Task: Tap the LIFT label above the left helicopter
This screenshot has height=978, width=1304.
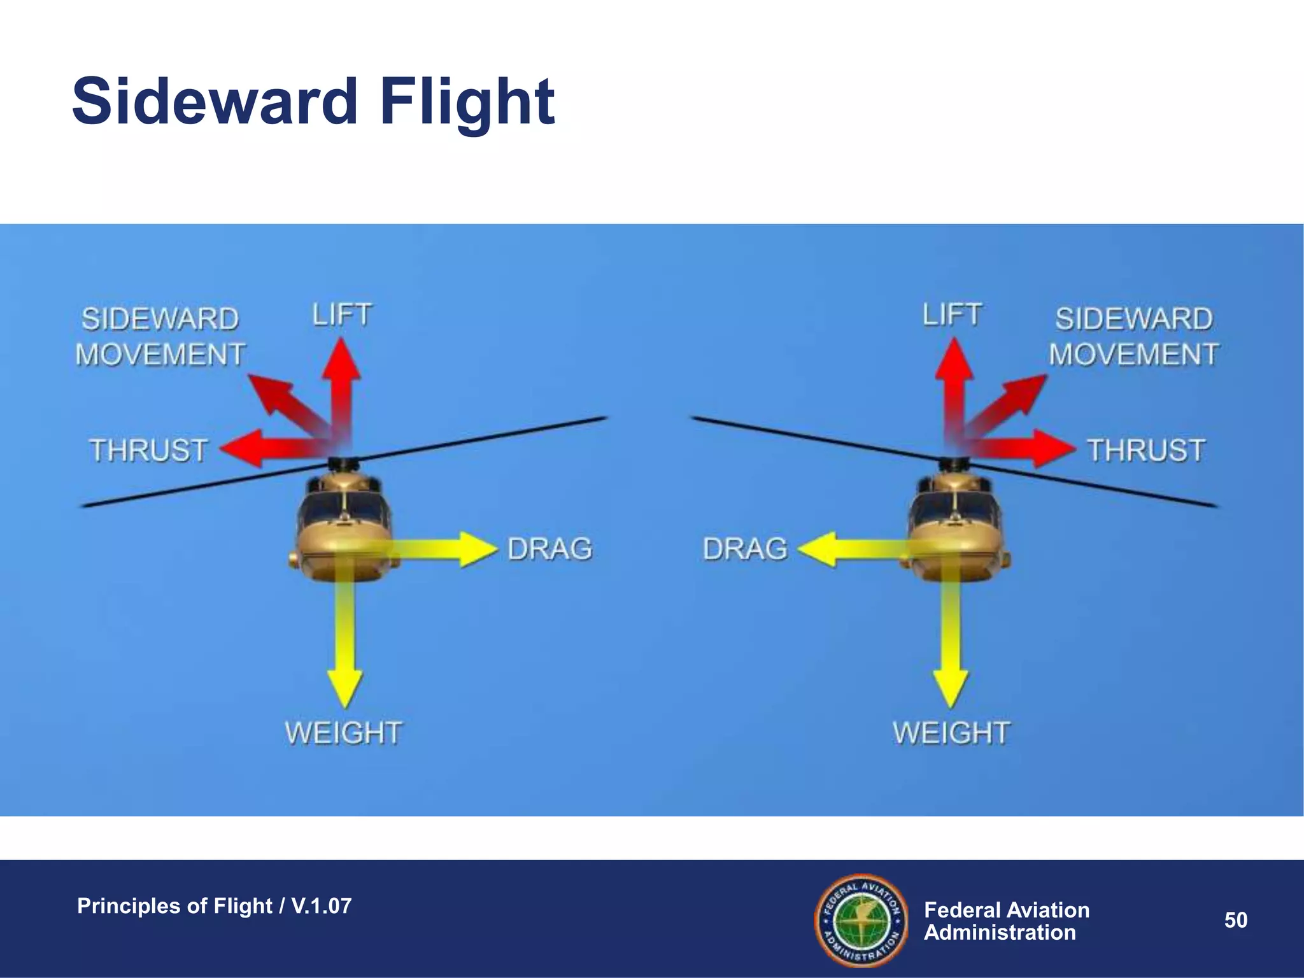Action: point(342,315)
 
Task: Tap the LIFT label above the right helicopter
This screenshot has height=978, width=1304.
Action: point(952,315)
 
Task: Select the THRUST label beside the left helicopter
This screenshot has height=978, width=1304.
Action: point(148,450)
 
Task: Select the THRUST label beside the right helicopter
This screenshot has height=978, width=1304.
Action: point(1145,450)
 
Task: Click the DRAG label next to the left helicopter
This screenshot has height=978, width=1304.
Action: point(550,549)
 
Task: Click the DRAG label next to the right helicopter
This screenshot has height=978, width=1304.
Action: point(745,549)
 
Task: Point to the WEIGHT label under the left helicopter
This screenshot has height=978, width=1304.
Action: point(343,733)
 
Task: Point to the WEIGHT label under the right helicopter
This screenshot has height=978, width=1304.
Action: point(951,733)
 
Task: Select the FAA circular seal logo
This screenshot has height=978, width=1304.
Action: point(861,920)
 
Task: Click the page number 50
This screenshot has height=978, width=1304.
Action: point(1235,920)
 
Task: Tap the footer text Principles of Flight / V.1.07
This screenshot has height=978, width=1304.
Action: point(214,905)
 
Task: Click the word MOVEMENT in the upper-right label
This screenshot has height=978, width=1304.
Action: point(1133,355)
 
